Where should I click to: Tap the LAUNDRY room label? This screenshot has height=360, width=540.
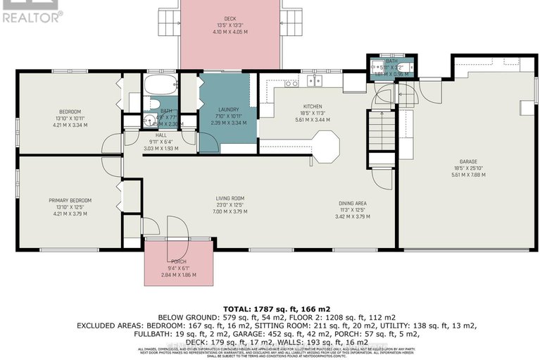pos(229,109)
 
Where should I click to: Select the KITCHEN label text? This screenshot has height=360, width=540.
pos(312,105)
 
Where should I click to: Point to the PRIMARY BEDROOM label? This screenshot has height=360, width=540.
pos(70,201)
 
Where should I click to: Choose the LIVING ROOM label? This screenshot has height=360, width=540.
pos(230,198)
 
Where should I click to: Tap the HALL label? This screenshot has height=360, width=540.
pos(161,135)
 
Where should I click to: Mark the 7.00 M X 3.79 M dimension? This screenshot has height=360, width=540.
pos(230,211)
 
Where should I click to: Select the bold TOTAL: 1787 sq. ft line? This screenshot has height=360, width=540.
pos(270,309)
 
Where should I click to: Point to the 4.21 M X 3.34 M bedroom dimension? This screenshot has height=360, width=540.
pos(70,125)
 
